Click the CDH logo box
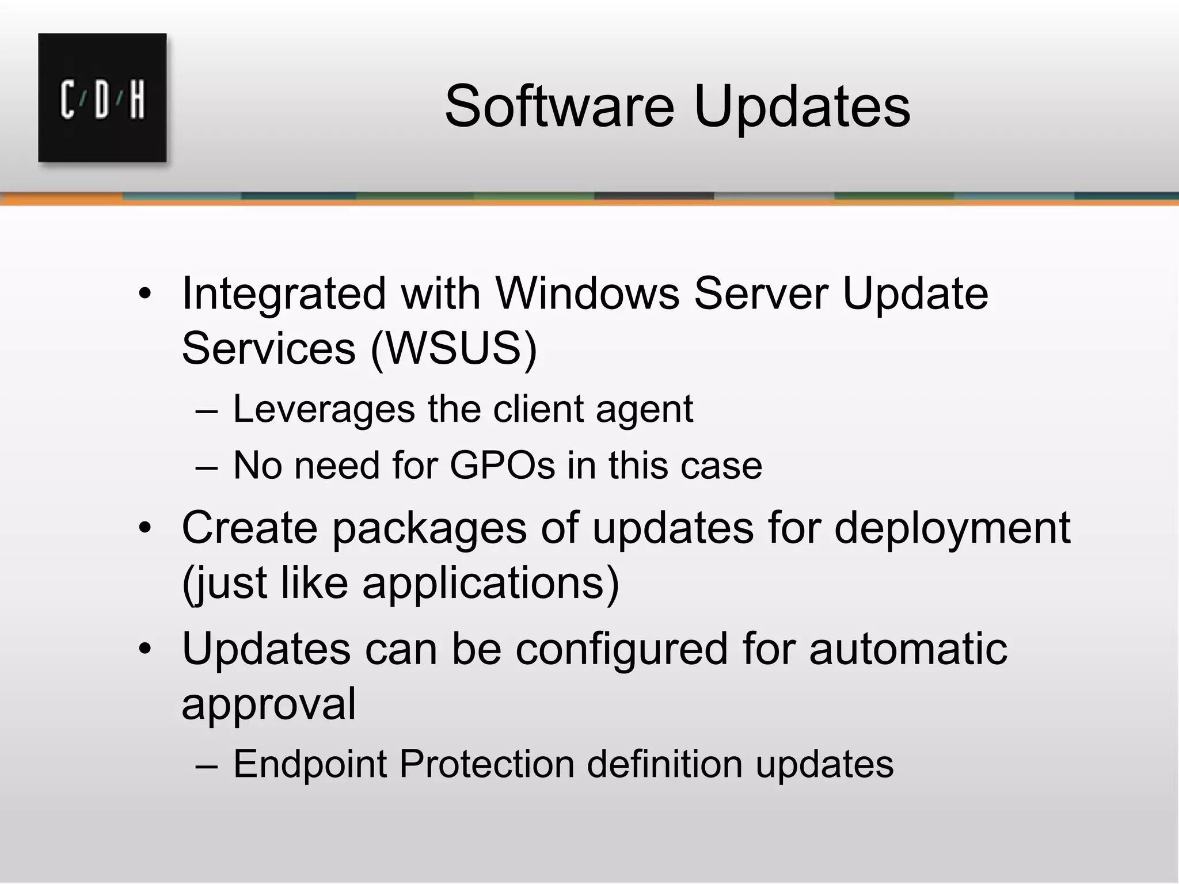click(102, 98)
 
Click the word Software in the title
click(559, 106)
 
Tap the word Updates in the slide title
click(802, 108)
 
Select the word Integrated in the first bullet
click(283, 295)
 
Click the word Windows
click(587, 294)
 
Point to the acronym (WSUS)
click(454, 348)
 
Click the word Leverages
click(324, 410)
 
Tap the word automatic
click(908, 649)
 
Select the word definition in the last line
click(664, 764)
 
